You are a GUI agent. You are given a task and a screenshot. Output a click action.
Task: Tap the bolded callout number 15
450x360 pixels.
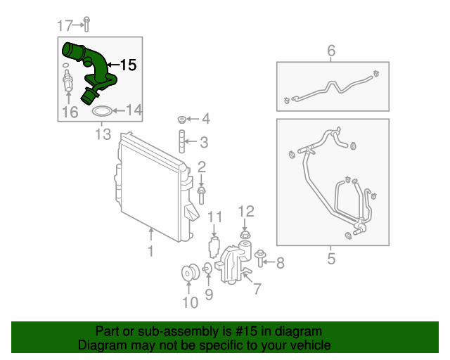pos(128,65)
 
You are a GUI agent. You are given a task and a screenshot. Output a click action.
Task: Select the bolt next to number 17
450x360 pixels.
pos(86,24)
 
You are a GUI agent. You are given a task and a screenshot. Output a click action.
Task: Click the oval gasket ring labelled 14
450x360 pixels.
pos(102,111)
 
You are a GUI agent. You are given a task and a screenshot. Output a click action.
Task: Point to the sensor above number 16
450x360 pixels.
pos(67,81)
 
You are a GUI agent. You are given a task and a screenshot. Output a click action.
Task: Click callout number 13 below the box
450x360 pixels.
pos(103,134)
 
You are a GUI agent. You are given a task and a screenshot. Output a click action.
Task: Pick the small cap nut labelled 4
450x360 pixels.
pos(181,120)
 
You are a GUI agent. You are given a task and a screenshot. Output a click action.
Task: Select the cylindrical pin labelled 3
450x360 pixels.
pos(181,141)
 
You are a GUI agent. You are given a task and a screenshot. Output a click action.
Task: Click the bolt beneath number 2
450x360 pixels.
pos(202,195)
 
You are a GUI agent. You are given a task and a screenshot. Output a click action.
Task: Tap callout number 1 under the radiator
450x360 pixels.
pos(150,251)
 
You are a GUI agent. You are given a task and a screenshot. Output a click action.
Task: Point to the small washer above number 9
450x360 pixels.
pos(207,269)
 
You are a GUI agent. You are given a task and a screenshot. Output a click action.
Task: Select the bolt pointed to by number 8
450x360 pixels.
pos(260,257)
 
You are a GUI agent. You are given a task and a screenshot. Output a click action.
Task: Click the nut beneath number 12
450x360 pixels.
pos(245,235)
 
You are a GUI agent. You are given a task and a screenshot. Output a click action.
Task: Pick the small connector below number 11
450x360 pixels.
pos(214,247)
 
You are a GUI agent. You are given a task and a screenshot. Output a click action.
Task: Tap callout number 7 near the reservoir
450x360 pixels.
pos(257,288)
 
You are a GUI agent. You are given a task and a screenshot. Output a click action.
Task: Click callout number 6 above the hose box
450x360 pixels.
pos(331,51)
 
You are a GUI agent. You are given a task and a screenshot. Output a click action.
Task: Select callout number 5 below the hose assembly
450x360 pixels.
pos(331,259)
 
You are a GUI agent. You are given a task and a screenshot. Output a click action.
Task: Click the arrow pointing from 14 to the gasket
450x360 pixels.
pos(119,111)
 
